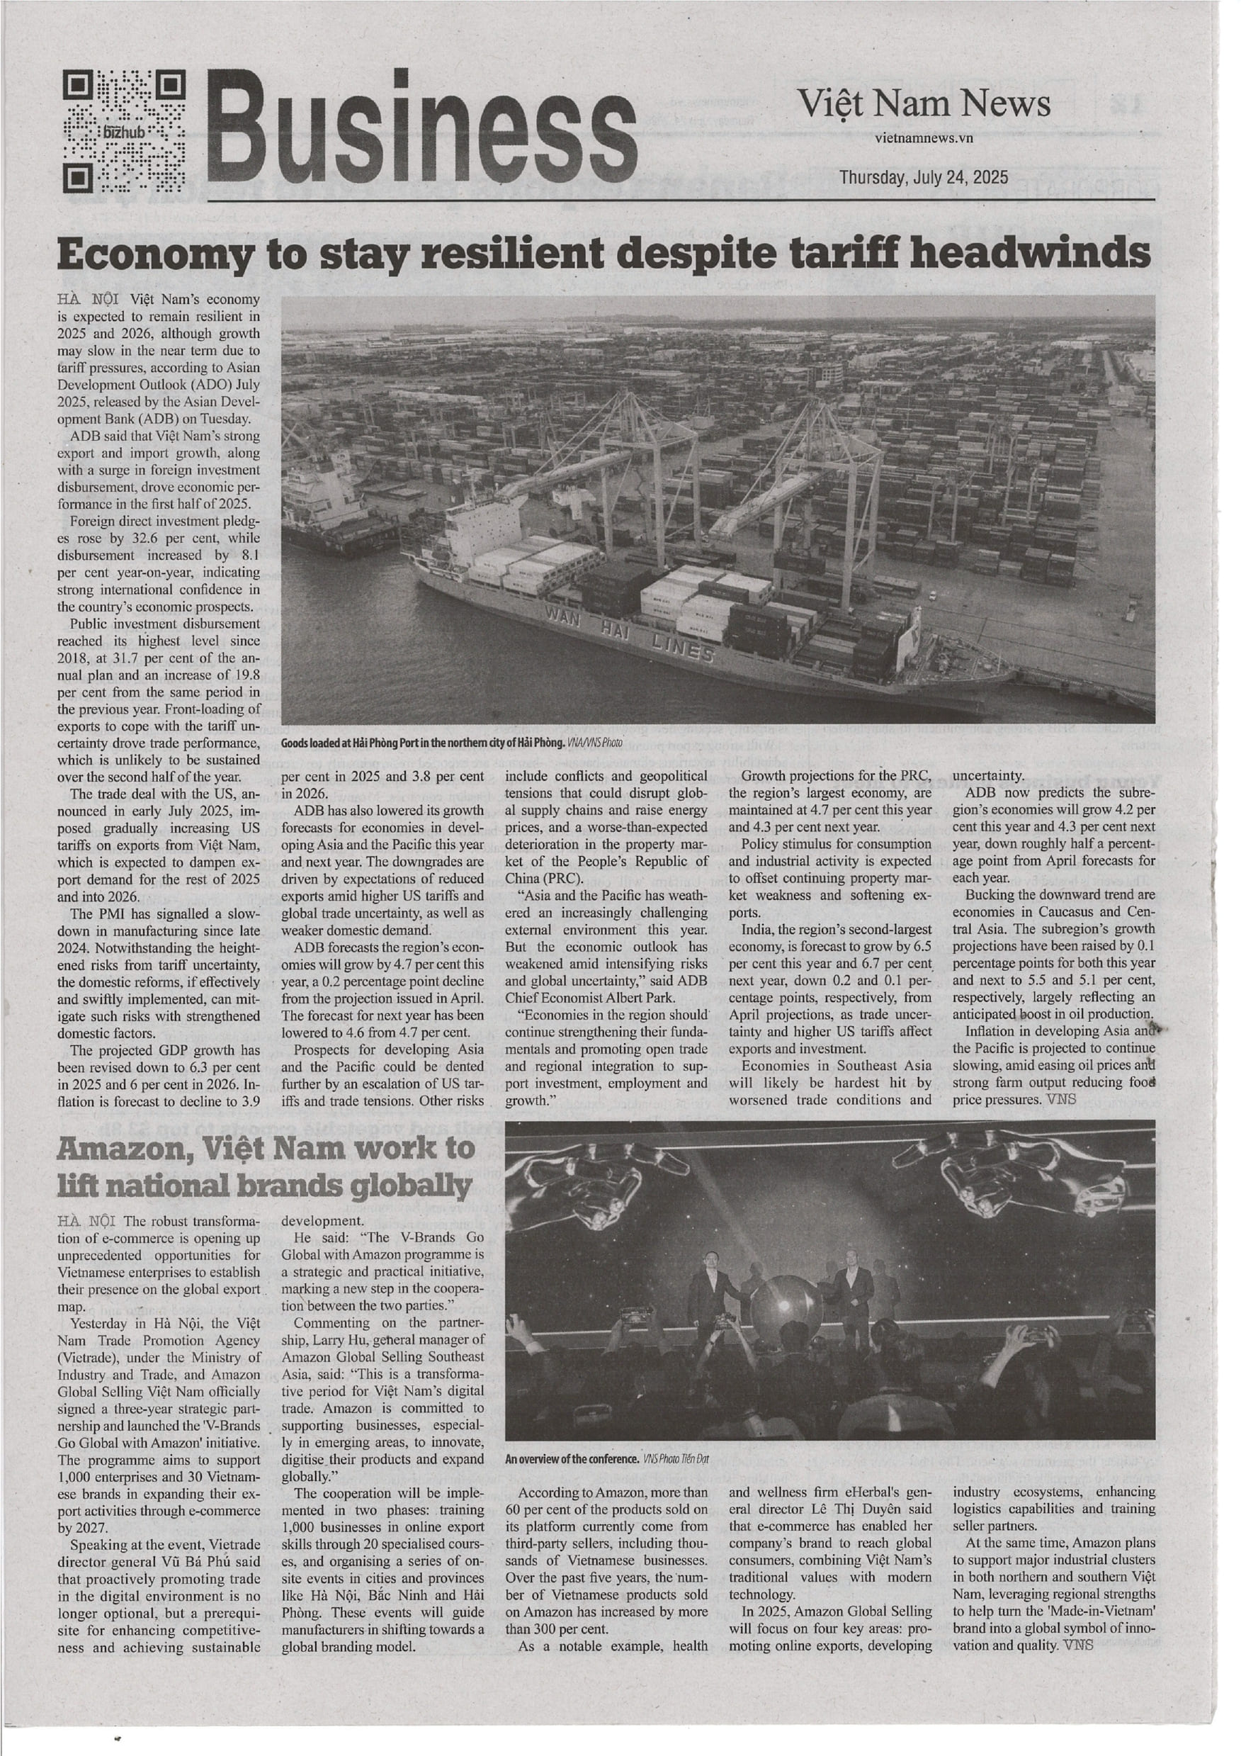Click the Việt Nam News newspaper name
pyautogui.click(x=924, y=104)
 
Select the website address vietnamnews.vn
pyautogui.click(x=924, y=138)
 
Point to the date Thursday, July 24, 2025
pyautogui.click(x=924, y=177)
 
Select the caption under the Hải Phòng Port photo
pyautogui.click(x=452, y=742)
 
